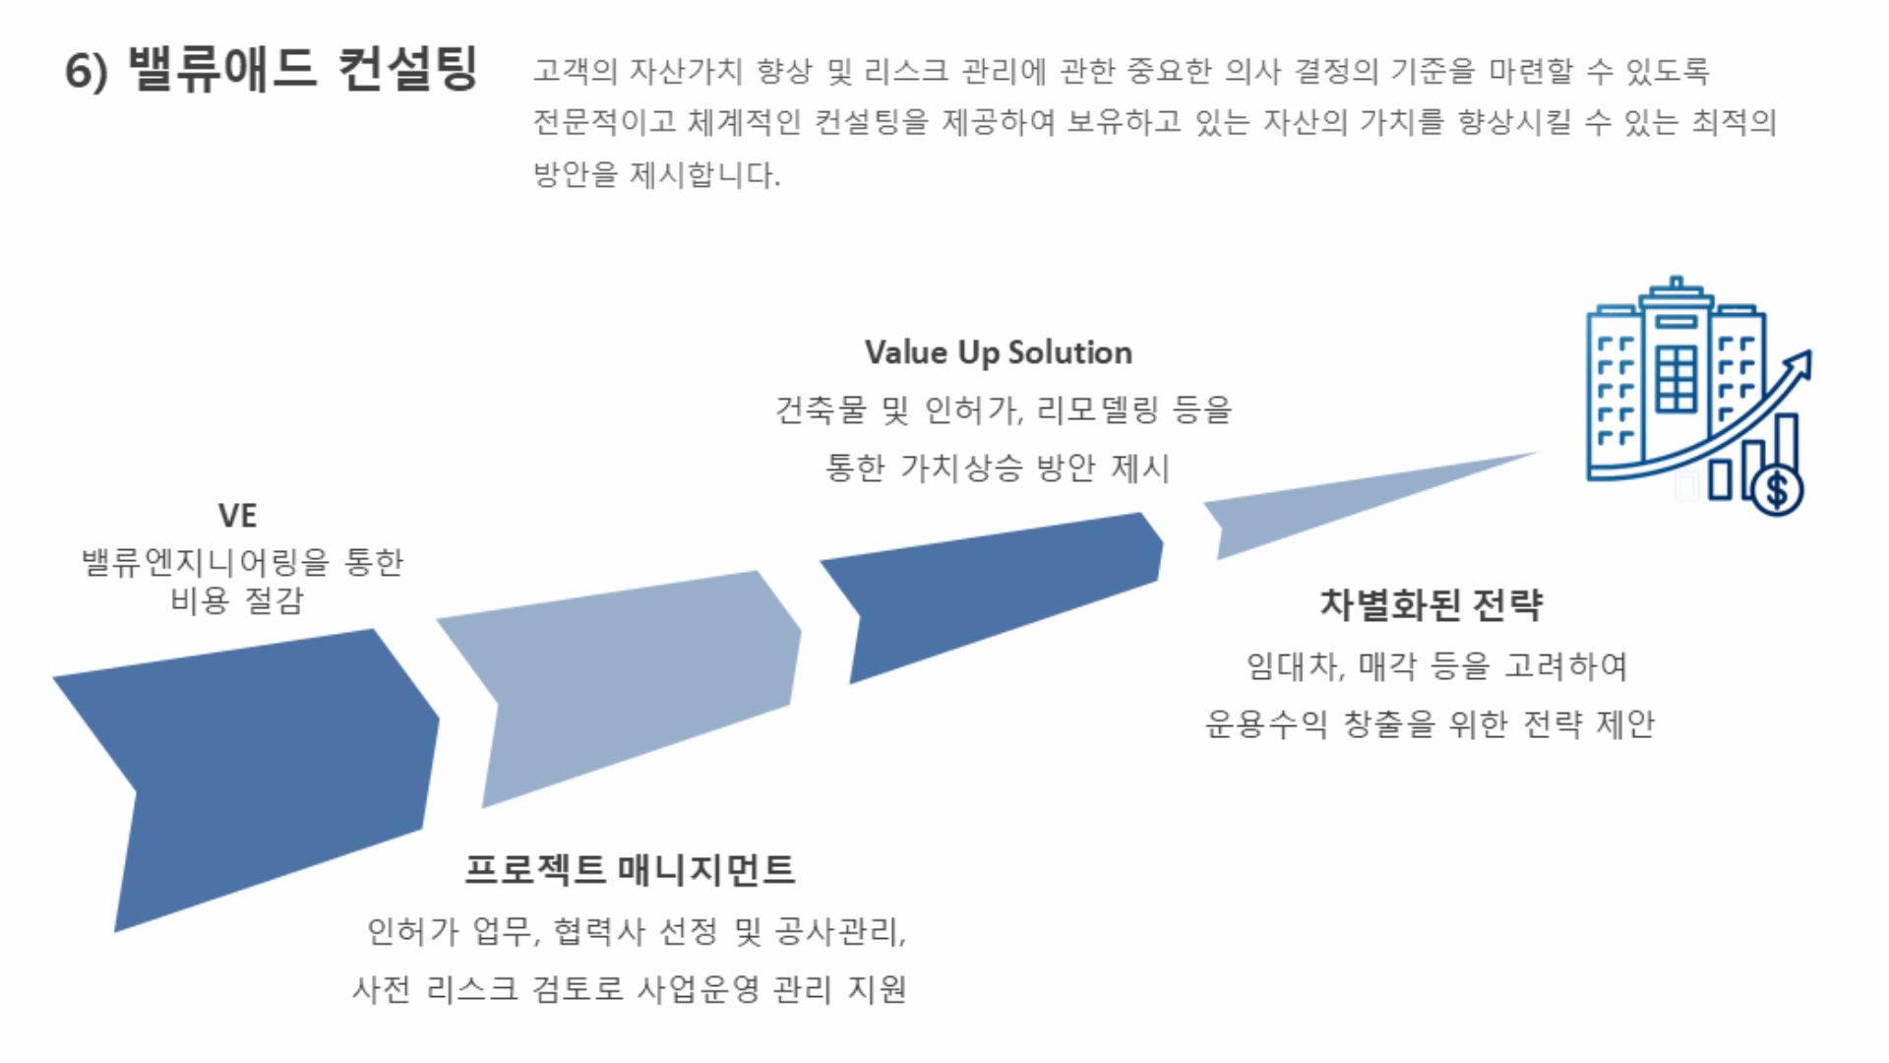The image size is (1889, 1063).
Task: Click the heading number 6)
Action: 86,71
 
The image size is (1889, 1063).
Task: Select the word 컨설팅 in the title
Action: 407,69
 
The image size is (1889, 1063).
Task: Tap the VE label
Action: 237,516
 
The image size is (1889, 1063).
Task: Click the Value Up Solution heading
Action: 999,352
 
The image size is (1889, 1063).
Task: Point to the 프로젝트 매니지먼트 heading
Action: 630,869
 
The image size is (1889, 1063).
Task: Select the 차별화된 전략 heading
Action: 1432,604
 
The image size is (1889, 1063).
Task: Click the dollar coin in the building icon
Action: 1777,489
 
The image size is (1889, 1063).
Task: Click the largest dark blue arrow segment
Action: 266,768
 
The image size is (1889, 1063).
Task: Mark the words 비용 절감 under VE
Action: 237,600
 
